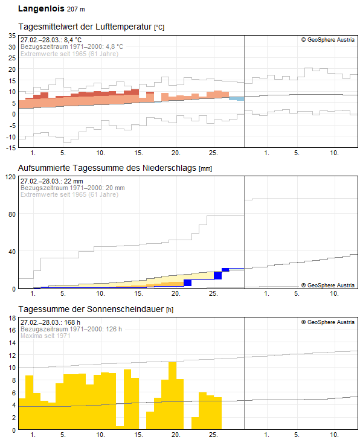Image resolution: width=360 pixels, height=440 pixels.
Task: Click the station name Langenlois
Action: coord(40,9)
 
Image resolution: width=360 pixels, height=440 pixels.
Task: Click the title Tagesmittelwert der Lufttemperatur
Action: coord(85,27)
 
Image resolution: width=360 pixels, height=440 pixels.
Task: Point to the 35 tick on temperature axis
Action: coord(11,36)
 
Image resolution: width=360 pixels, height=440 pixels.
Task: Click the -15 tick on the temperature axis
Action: coord(10,147)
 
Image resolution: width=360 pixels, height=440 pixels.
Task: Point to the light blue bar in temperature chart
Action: coord(237,98)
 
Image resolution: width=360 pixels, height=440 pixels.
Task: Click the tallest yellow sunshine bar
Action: coord(172,395)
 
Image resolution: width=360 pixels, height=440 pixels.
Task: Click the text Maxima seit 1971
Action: coord(45,336)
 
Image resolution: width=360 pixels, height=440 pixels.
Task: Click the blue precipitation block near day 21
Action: coord(187,282)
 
